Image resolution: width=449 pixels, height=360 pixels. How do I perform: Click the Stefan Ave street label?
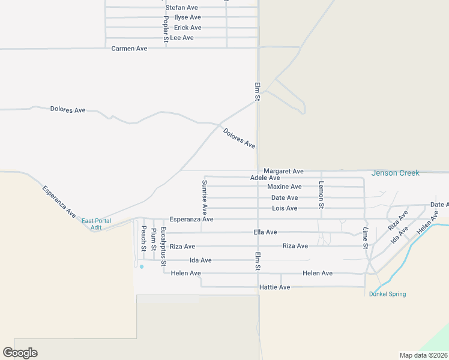click(182, 7)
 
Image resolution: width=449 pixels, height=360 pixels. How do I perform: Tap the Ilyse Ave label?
click(187, 17)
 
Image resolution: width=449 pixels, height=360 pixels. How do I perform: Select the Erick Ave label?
click(187, 28)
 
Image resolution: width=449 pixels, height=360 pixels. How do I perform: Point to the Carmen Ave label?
click(129, 48)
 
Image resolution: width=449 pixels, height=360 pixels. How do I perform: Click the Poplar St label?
click(166, 28)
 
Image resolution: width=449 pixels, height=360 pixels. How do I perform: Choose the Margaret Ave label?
click(283, 171)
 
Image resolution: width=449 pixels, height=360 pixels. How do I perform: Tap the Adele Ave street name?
click(265, 178)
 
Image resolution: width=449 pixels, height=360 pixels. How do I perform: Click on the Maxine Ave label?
click(284, 187)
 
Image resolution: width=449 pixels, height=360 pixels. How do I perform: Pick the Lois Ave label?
click(285, 208)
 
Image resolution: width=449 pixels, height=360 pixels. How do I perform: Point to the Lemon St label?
click(322, 195)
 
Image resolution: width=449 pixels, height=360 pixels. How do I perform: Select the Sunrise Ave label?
click(205, 197)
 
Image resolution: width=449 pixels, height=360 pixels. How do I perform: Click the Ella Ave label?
click(265, 232)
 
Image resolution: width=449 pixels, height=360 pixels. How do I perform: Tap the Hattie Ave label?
click(274, 287)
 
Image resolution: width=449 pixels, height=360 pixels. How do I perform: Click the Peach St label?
click(143, 238)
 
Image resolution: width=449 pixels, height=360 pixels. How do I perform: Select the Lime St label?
click(365, 238)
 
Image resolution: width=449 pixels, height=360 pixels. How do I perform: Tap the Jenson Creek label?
click(396, 173)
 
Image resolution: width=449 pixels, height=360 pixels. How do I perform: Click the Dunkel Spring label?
click(387, 294)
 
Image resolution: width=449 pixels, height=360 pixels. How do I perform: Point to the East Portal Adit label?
click(96, 224)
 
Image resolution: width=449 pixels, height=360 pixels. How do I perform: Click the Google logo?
click(20, 353)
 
